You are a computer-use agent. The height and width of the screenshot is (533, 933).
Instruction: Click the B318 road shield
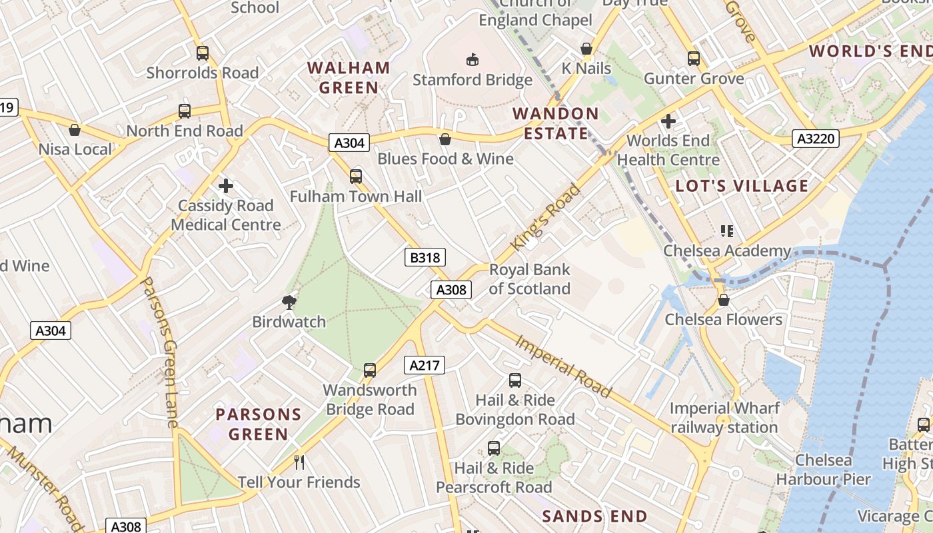tap(425, 257)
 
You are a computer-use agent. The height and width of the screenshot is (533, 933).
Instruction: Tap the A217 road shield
tap(425, 364)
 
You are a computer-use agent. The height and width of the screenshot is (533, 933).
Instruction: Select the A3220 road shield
tap(816, 139)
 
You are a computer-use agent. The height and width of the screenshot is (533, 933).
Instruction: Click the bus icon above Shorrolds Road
tap(202, 53)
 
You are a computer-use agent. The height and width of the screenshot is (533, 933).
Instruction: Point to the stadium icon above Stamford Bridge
tap(472, 60)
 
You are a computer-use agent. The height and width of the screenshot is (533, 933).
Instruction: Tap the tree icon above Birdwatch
tap(289, 302)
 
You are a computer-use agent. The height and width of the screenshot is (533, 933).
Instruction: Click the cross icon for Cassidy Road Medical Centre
tap(226, 185)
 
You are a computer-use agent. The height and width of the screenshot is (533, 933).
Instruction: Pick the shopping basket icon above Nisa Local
tap(75, 129)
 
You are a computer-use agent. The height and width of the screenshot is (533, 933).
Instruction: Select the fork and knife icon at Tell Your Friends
tap(299, 462)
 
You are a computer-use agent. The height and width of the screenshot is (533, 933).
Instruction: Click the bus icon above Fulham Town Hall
tap(356, 177)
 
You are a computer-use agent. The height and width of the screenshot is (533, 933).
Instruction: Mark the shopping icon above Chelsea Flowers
tap(724, 300)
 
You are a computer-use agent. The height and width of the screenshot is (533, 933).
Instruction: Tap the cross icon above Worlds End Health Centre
tap(668, 121)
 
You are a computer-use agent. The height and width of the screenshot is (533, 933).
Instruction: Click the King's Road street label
tap(546, 217)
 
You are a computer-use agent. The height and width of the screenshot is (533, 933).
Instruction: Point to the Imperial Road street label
tap(564, 366)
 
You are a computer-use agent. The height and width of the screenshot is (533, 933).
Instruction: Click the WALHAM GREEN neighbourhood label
tap(349, 77)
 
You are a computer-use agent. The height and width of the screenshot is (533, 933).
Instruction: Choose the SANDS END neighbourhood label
tap(594, 516)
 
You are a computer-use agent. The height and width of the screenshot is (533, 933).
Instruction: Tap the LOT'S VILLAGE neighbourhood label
tap(742, 186)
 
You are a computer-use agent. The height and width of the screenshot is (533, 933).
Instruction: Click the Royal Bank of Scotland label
tap(530, 279)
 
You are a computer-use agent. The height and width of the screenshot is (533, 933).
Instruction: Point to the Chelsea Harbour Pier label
tap(823, 470)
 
